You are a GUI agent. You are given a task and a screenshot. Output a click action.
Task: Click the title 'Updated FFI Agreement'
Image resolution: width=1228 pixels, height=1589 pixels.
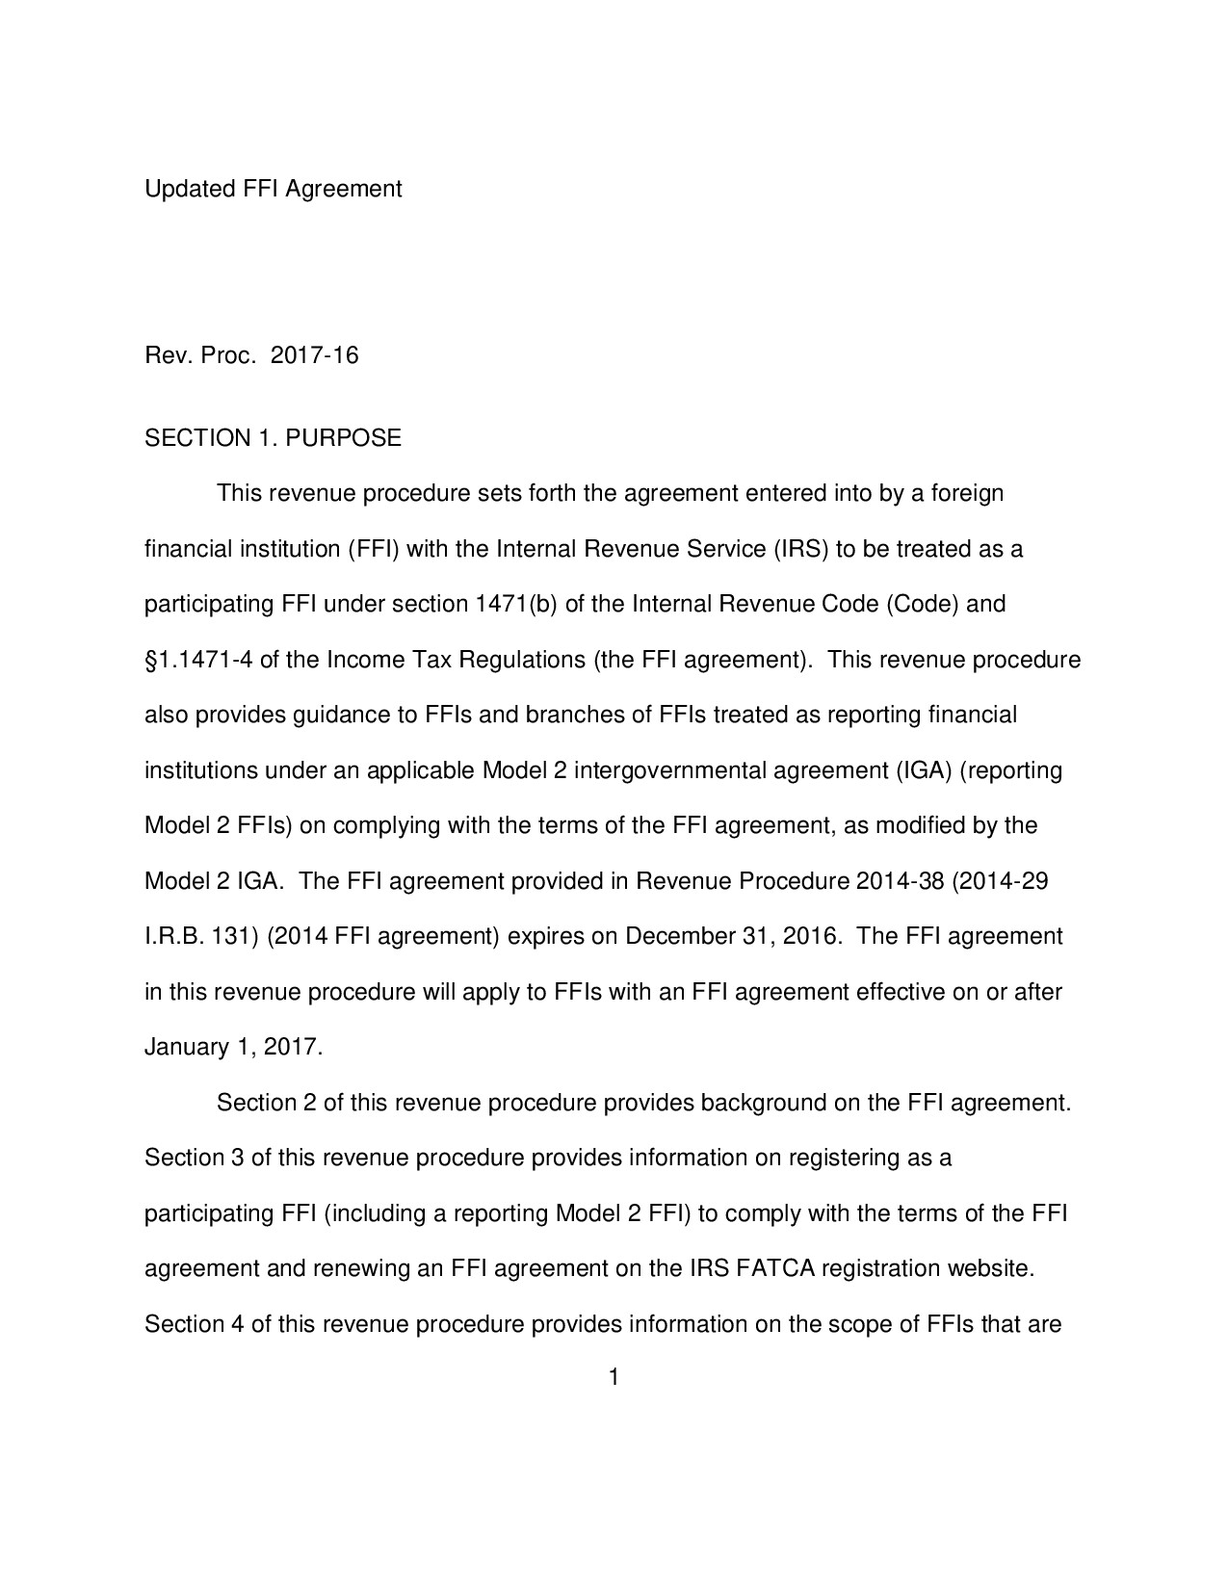tap(273, 189)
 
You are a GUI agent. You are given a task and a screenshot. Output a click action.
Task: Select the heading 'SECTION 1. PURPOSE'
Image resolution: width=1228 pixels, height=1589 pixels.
tap(273, 438)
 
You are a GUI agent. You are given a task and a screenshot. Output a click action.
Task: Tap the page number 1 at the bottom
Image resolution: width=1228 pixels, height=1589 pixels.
tap(613, 1378)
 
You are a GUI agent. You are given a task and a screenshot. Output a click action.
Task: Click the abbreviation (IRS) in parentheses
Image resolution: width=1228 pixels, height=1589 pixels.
tap(800, 550)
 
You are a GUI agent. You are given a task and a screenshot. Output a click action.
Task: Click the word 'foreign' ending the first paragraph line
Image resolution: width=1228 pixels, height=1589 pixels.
tap(970, 494)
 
